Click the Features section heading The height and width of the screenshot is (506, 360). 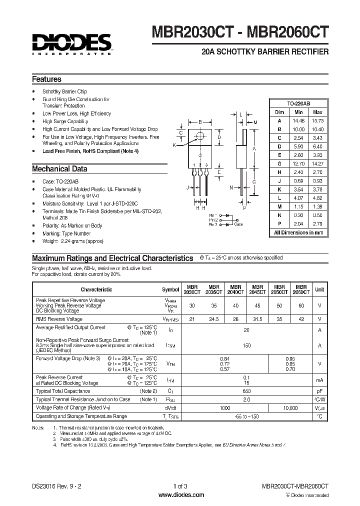pos(46,79)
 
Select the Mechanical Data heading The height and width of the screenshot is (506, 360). pos(59,168)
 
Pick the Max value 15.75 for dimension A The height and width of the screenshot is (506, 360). pos(317,120)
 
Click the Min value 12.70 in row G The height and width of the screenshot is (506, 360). pos(299,163)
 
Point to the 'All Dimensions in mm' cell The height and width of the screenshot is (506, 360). pos(299,233)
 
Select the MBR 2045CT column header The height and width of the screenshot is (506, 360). pos(257,289)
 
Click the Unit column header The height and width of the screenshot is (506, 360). pos(319,289)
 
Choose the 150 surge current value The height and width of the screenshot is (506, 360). pos(246,345)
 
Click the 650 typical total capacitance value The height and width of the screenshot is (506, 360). pos(246,391)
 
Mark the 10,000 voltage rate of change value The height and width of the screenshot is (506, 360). pos(289,408)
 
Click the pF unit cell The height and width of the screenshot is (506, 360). pos(319,391)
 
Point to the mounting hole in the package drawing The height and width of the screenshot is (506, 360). pos(200,135)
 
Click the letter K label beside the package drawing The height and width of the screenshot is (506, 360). pos(174,145)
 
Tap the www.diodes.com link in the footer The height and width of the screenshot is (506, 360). pos(180,494)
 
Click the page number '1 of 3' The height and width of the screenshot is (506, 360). pos(180,485)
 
